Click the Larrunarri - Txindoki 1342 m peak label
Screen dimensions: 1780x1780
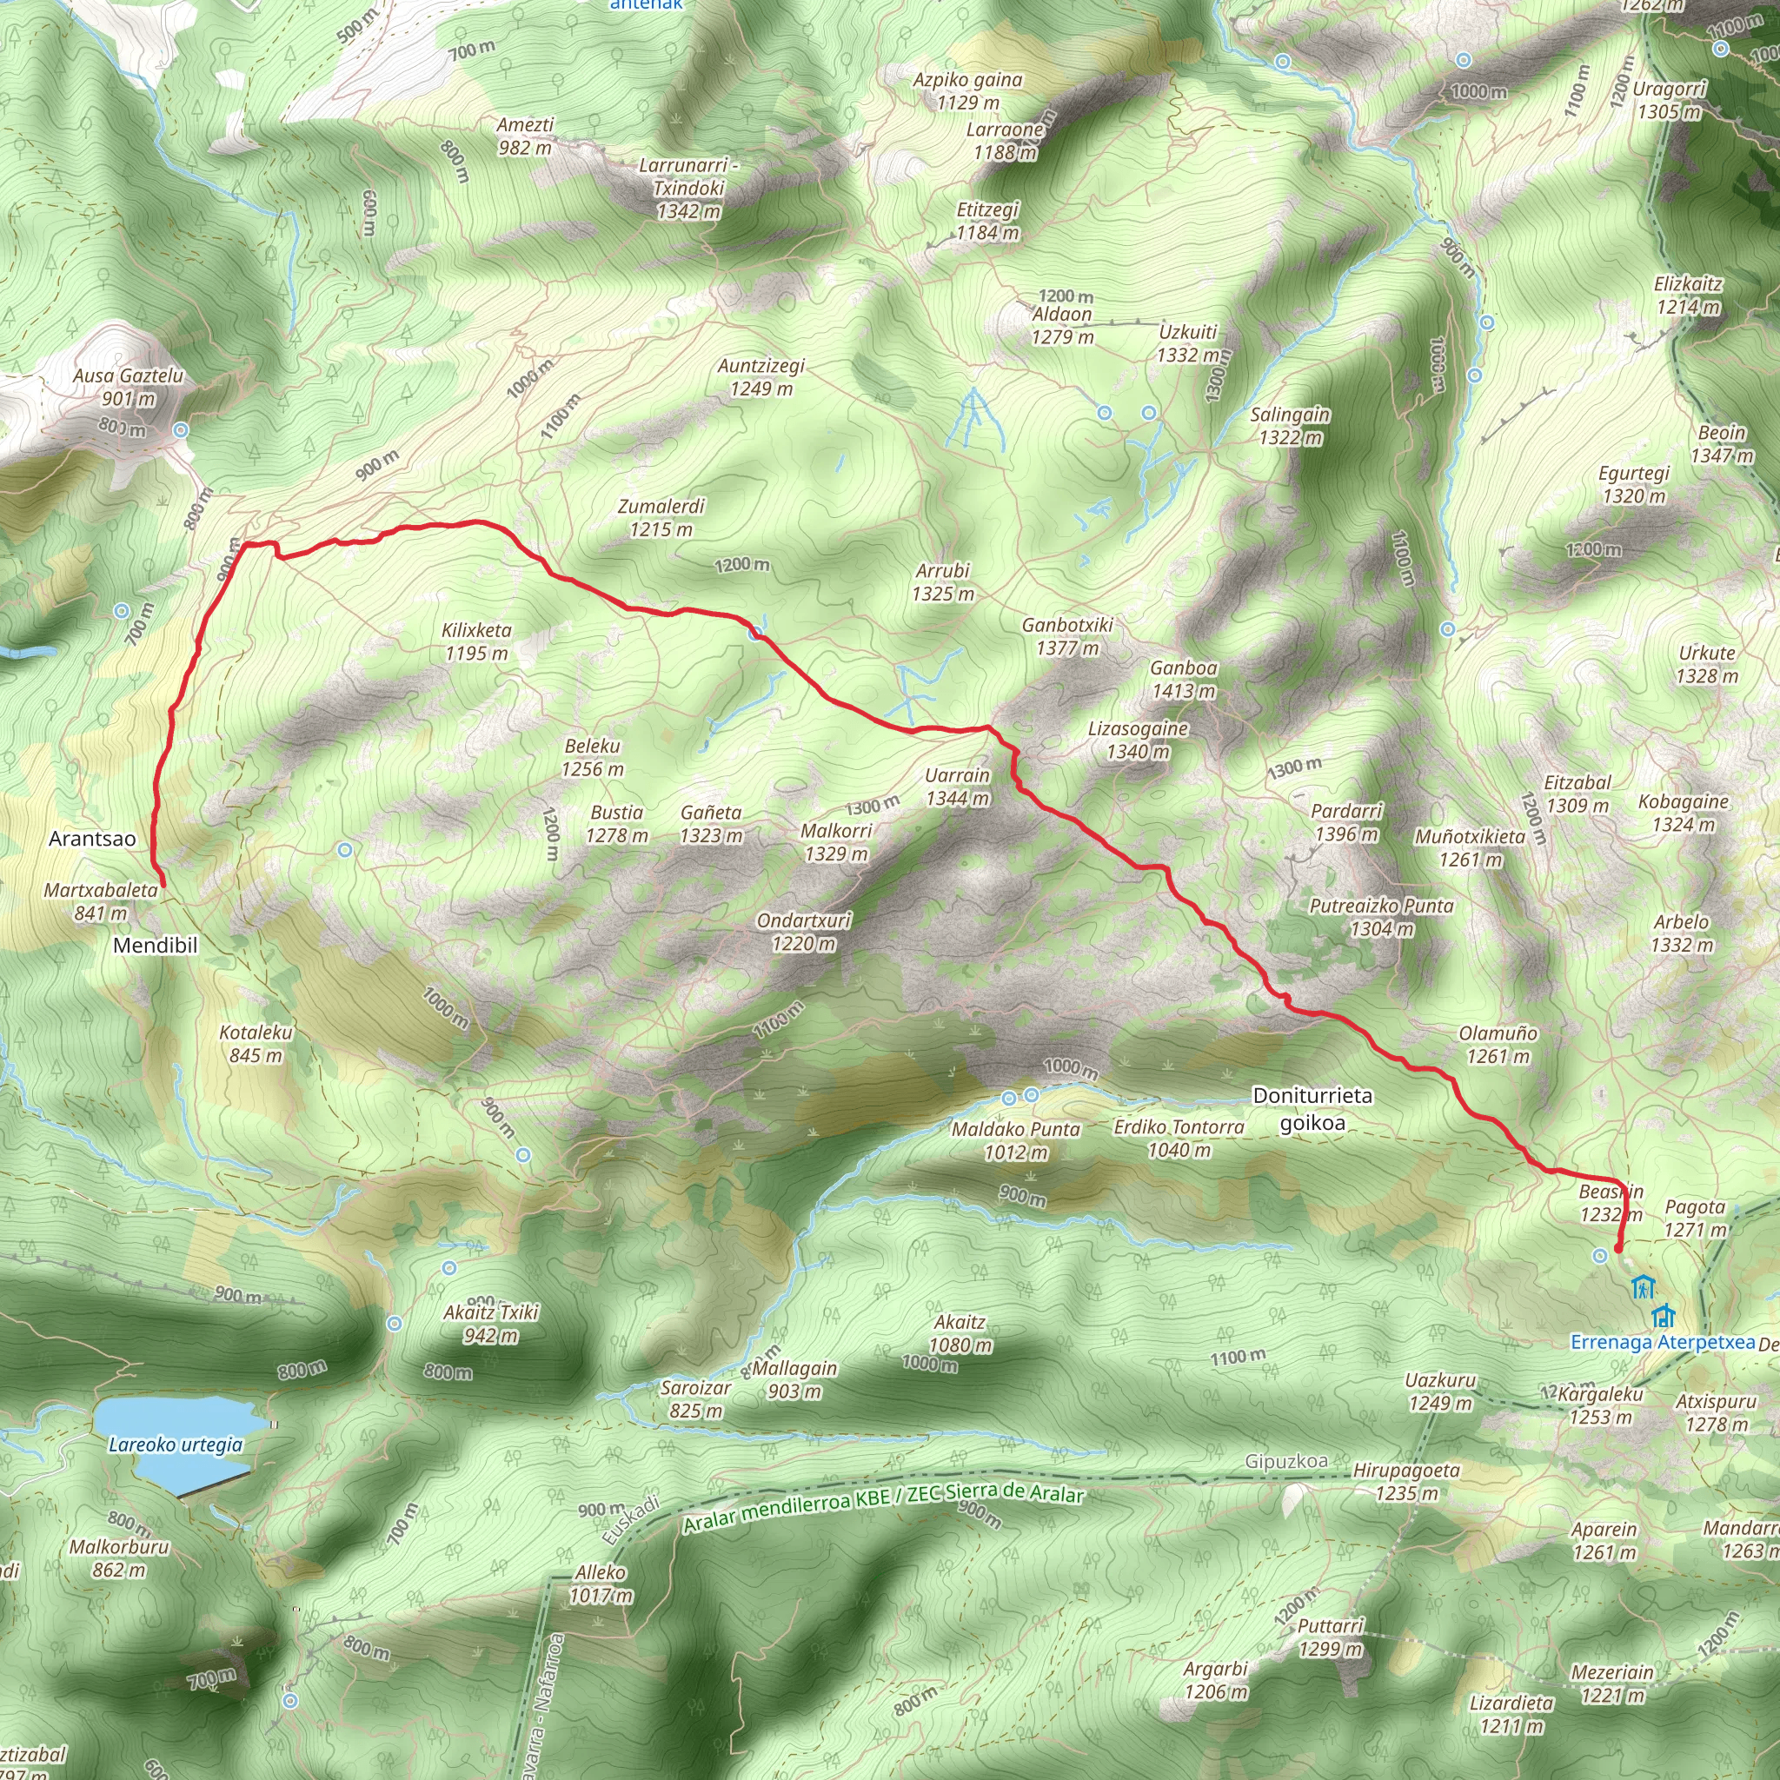(688, 188)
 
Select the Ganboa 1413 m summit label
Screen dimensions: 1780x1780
(1183, 679)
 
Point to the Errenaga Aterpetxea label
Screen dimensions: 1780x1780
(1662, 1341)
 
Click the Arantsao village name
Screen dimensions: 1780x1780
(92, 839)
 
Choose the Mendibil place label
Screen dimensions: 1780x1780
(155, 946)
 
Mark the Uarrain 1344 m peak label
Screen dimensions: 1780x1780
(957, 787)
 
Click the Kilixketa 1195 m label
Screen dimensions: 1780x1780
(476, 641)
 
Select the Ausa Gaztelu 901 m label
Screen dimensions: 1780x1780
(128, 387)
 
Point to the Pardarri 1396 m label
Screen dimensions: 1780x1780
(1346, 822)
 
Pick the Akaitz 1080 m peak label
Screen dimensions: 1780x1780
(960, 1333)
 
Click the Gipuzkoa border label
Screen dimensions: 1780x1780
(1286, 1461)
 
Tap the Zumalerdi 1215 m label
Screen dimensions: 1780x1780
(661, 517)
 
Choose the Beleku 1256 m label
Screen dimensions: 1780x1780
(593, 757)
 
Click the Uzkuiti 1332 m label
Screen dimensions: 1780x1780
(1187, 342)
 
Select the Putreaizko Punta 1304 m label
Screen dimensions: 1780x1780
(1381, 917)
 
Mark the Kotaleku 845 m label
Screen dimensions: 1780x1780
(256, 1044)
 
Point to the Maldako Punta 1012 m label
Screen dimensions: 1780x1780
(1015, 1140)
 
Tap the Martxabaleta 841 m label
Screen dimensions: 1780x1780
(101, 901)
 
